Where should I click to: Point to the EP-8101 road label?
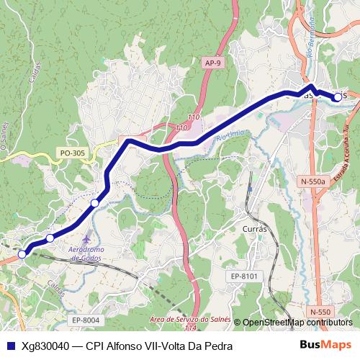[x=245, y=276]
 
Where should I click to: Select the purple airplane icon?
[x=87, y=238]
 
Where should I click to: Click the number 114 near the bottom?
[x=189, y=328]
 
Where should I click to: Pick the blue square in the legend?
[x=9, y=346]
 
